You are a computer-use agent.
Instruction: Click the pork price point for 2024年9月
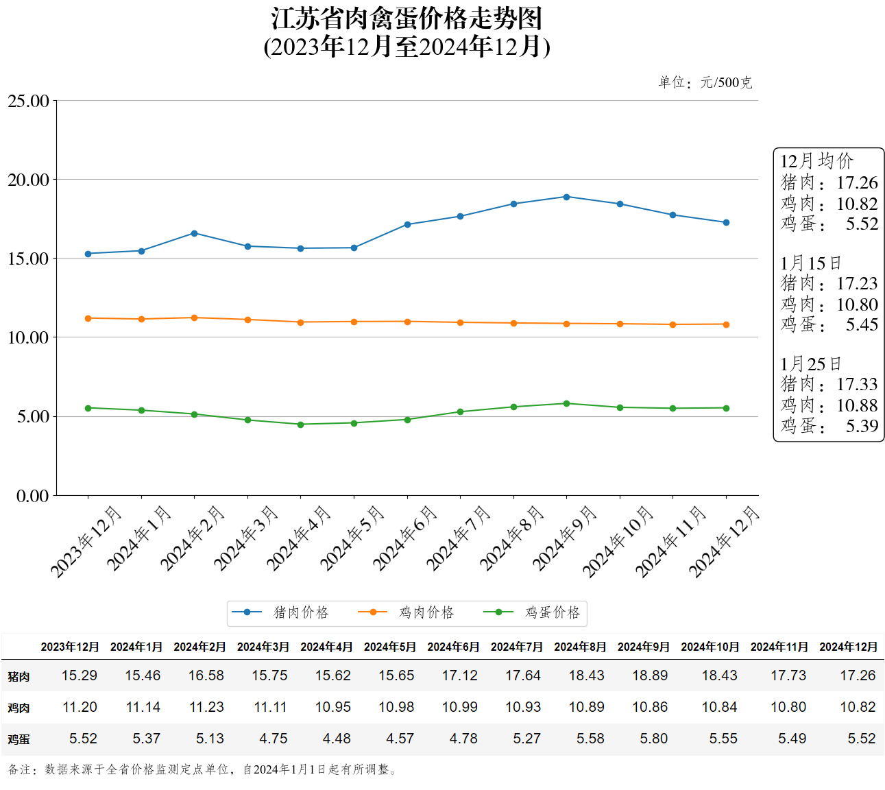click(x=566, y=197)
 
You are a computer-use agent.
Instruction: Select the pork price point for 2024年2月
click(x=194, y=233)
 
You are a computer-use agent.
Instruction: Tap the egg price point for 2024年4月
click(x=300, y=424)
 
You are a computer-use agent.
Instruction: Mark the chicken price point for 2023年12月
click(x=88, y=318)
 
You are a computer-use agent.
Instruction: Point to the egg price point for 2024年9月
click(x=566, y=404)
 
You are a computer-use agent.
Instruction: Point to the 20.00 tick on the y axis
click(x=29, y=180)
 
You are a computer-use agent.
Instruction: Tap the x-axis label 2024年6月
click(x=404, y=539)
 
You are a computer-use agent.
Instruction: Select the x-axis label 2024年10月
click(x=618, y=542)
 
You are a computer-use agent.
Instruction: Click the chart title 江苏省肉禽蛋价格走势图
click(x=407, y=19)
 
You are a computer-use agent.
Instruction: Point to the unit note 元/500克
click(x=726, y=83)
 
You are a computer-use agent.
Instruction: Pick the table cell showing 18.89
click(x=649, y=675)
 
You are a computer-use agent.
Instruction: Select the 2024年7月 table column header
click(x=516, y=647)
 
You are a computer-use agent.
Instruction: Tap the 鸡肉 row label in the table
click(x=19, y=708)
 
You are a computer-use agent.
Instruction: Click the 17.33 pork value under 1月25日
click(x=857, y=385)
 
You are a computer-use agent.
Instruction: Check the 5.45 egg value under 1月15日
click(x=862, y=325)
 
